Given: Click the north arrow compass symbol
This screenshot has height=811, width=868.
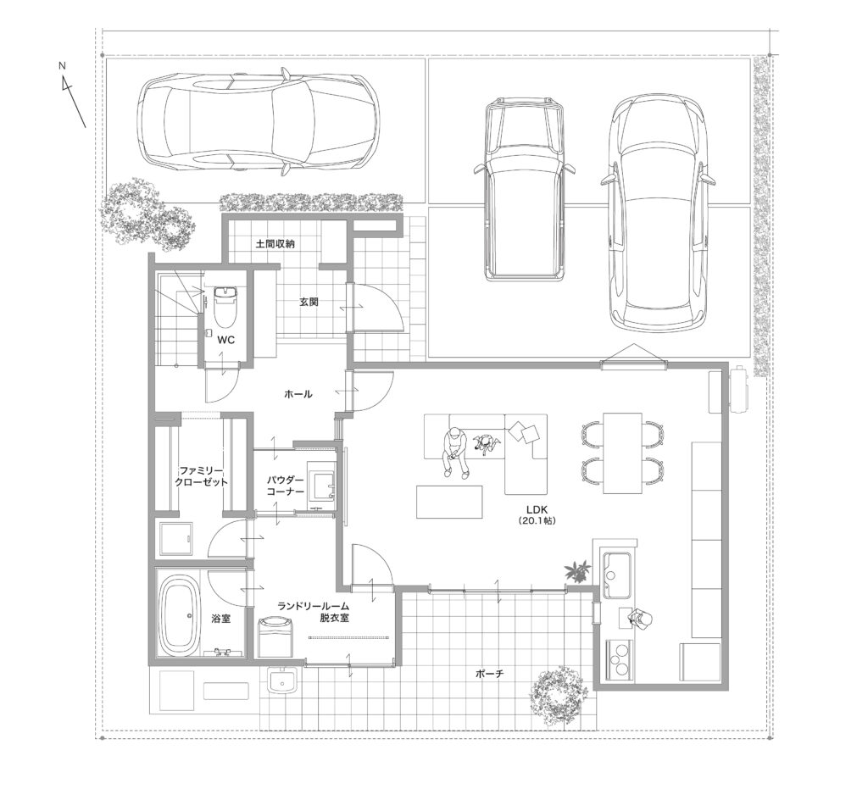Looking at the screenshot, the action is [72, 95].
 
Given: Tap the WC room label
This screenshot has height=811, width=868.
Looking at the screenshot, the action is [225, 340].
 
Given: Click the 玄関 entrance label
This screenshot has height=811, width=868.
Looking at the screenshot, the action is [309, 303].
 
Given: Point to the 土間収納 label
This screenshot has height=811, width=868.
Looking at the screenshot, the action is [275, 243].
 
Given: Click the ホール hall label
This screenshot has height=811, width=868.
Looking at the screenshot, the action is [298, 394].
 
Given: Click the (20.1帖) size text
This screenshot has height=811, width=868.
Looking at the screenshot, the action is [537, 521].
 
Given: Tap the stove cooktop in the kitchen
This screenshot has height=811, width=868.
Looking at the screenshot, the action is [620, 658].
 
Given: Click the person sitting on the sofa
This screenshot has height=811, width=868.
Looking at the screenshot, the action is [455, 449].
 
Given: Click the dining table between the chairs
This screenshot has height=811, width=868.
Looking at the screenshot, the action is [623, 453].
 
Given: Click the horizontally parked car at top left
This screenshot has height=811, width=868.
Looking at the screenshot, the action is [259, 123].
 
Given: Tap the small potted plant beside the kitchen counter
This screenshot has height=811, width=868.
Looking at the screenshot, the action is [577, 570].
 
